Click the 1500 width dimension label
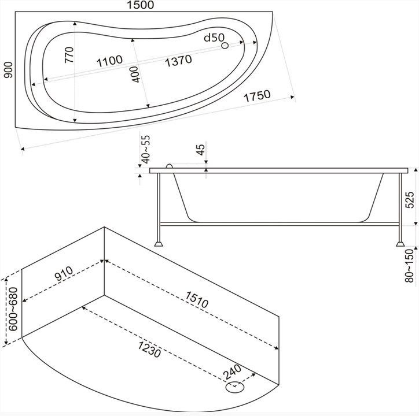coord(140,5)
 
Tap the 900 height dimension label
coord(8,70)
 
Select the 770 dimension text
coord(69,55)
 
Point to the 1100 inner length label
coord(109,61)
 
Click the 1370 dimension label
coord(178,61)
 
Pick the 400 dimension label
coord(135,74)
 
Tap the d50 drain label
coord(214,38)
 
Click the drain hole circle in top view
coord(225,46)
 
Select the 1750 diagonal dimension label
coord(257,96)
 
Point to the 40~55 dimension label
coord(146,150)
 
